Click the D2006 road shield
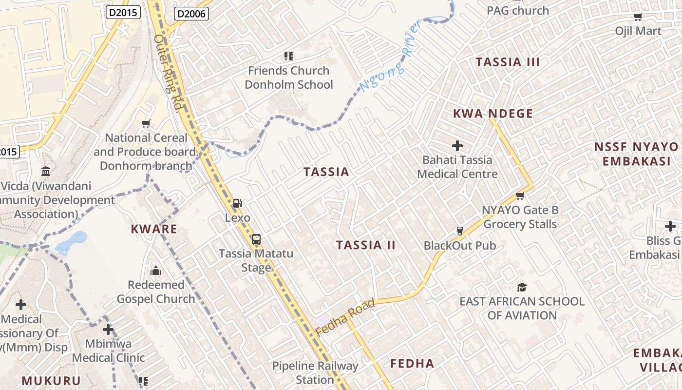point(191,14)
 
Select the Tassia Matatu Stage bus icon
point(256,239)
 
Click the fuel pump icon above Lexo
point(237,203)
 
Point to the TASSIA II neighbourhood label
point(365,245)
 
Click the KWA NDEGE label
point(493,114)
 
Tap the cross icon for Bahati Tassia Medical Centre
point(457,145)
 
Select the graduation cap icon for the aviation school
point(522,287)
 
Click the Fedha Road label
point(345,317)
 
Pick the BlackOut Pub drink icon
point(459,231)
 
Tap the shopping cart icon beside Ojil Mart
point(638,17)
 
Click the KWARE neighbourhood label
point(153,229)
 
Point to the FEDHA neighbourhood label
point(412,363)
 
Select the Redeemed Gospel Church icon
point(156,270)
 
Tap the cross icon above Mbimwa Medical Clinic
point(108,330)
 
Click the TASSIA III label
point(508,62)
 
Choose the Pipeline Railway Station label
point(315,372)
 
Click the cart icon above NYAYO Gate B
point(520,196)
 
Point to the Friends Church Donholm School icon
point(289,56)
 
